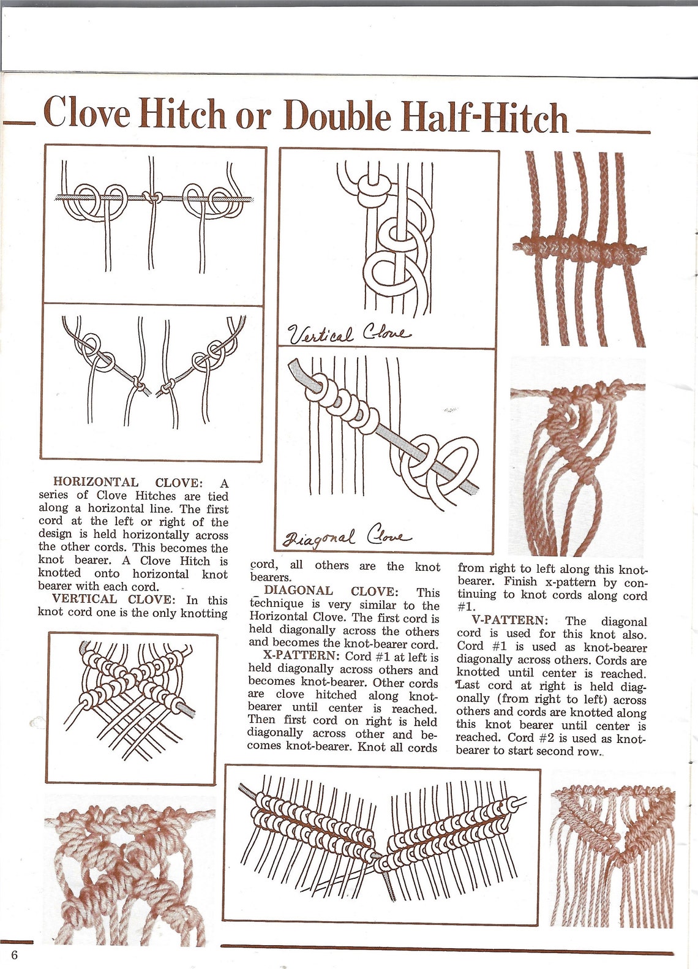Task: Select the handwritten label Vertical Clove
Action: pyautogui.click(x=350, y=334)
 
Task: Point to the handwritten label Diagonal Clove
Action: pyautogui.click(x=345, y=539)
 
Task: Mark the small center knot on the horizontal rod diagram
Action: pyautogui.click(x=151, y=197)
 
